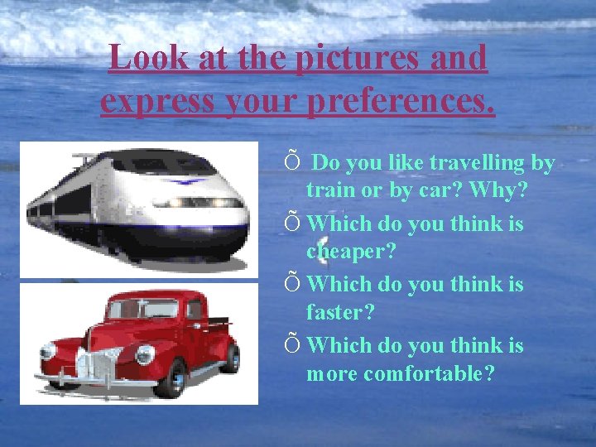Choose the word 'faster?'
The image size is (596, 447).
click(340, 312)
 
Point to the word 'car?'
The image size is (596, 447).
click(437, 190)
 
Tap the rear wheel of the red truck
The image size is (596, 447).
click(229, 358)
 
